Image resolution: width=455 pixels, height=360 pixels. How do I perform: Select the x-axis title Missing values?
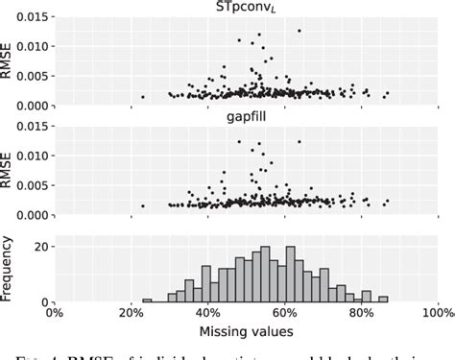(247, 330)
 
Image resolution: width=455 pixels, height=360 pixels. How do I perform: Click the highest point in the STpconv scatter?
(299, 31)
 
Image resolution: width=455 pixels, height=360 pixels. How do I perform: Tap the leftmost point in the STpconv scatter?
(143, 96)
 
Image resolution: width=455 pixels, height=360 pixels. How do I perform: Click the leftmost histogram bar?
(147, 300)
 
